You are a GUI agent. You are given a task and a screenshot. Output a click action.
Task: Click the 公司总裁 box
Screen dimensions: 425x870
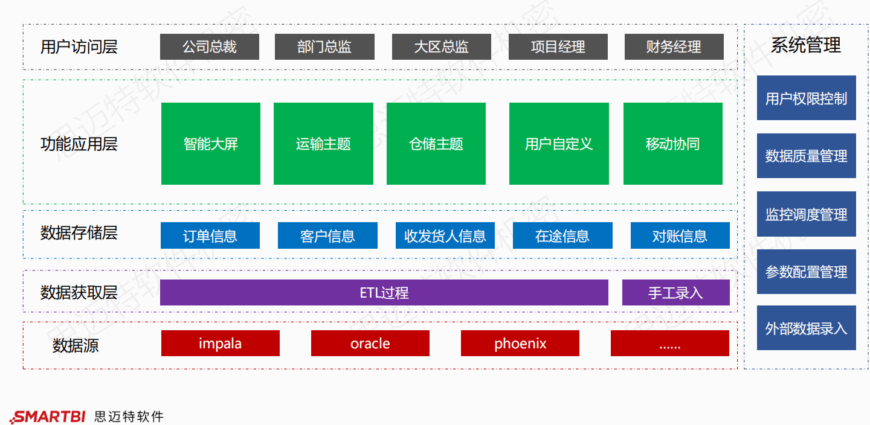point(209,47)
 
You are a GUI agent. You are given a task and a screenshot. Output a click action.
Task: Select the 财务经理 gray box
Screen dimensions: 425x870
point(674,47)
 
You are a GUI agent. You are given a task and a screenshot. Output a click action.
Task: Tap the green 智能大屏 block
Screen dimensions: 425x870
point(210,144)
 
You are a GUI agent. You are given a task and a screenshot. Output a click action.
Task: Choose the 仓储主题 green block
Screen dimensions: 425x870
point(436,144)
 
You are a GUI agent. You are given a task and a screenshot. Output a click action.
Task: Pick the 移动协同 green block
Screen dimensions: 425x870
point(672,144)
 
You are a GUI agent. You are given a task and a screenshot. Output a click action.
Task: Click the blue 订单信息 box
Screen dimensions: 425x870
point(210,235)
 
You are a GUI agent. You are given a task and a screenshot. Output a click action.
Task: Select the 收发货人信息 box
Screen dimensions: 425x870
point(445,235)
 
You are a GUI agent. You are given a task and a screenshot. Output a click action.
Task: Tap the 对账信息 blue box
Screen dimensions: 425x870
point(680,235)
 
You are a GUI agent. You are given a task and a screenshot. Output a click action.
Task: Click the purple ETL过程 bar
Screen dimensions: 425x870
point(384,293)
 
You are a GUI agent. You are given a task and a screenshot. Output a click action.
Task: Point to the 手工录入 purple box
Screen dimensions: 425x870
point(675,293)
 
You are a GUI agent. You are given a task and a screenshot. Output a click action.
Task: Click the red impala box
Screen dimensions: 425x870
point(220,344)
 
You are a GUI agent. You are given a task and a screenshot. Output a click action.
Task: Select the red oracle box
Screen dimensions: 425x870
point(370,344)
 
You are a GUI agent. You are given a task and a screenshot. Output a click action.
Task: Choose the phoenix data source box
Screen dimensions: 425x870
point(520,344)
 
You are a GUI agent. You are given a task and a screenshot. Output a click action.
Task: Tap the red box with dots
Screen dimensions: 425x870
point(669,344)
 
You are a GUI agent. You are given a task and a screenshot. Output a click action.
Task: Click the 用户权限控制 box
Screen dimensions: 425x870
point(806,98)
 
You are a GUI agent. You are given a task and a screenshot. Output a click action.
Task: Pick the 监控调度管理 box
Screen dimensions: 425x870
point(806,214)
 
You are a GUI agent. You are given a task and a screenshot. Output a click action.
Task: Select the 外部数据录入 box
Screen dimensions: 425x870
point(806,328)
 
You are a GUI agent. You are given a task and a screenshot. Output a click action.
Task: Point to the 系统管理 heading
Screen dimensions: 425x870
point(805,45)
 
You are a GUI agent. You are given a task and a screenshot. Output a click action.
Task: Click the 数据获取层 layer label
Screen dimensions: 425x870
point(79,293)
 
